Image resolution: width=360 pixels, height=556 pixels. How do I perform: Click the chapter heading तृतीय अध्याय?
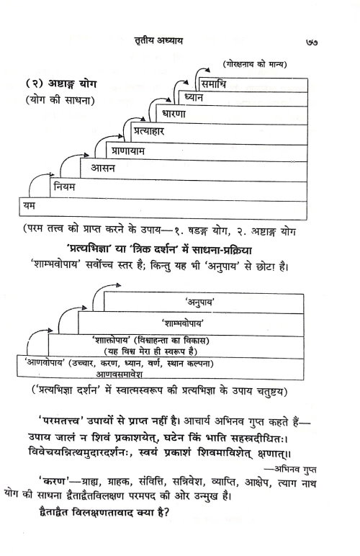pos(174,40)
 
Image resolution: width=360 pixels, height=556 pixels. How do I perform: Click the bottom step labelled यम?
pos(30,207)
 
